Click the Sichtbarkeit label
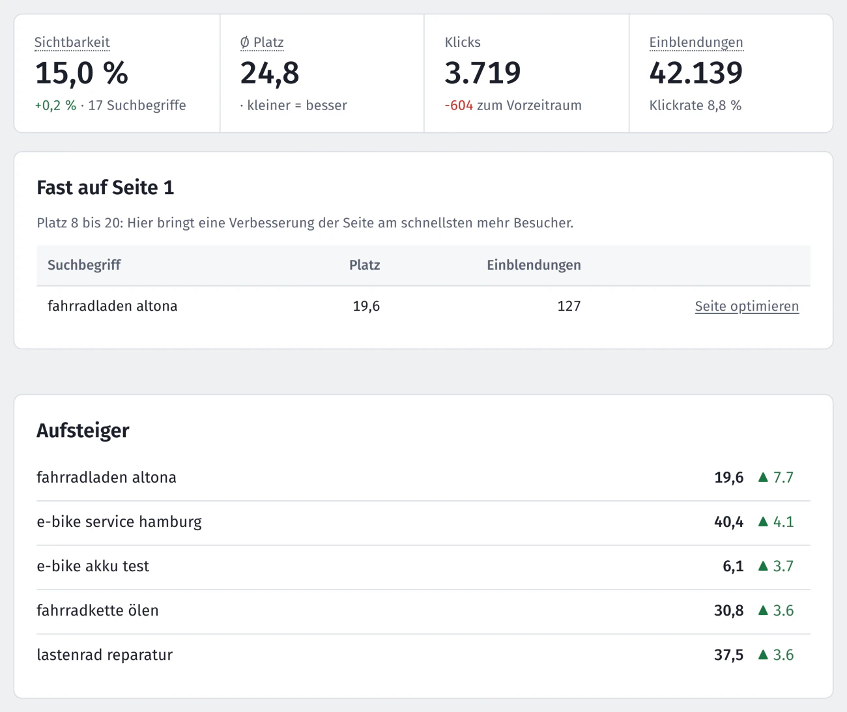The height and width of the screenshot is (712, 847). coord(72,42)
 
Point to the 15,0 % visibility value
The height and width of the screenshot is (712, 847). coord(81,73)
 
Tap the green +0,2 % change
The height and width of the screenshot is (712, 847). coord(55,106)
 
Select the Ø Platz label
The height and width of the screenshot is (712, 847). coord(262,42)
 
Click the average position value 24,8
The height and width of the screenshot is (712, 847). coord(269,73)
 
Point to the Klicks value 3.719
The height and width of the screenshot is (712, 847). coord(482,73)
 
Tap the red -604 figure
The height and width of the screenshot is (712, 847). coord(459,106)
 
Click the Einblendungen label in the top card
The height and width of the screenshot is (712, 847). coord(696,42)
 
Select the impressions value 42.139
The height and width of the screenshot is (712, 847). coord(696,73)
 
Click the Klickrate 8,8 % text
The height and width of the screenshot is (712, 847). coord(695,106)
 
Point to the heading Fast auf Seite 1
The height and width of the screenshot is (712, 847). coord(105,188)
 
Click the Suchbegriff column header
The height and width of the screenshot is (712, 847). coord(84,265)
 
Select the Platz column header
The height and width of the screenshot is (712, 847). coord(365,265)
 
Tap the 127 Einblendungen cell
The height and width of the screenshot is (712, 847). coord(569,306)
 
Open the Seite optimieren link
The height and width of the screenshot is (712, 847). coord(747,306)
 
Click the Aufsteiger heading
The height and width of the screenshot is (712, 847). coord(83,431)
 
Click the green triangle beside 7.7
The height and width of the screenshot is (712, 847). coord(763,477)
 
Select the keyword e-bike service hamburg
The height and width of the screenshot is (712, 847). coord(119,522)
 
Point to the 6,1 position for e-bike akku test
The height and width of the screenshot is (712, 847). coord(733,566)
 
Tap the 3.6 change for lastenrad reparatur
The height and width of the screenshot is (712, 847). coord(783,655)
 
